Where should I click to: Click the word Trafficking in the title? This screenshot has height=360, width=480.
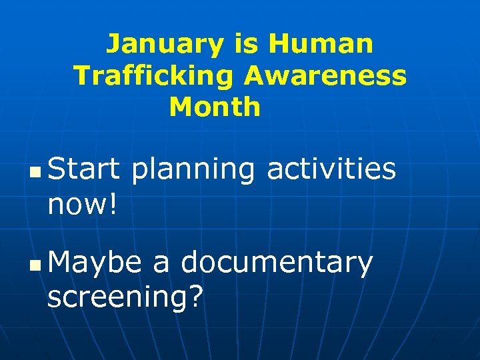[x=153, y=76]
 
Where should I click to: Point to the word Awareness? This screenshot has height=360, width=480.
[x=325, y=76]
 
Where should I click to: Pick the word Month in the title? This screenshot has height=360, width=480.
[x=215, y=107]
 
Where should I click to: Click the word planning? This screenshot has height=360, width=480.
[x=193, y=171]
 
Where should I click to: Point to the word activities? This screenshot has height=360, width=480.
[x=331, y=169]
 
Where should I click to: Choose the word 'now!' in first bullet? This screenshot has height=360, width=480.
[x=83, y=204]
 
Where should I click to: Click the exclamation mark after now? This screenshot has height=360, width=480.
[x=113, y=203]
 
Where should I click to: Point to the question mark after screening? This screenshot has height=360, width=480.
[x=195, y=296]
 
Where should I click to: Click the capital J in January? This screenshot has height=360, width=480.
[x=113, y=45]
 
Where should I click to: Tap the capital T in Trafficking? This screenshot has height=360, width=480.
[x=81, y=76]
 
